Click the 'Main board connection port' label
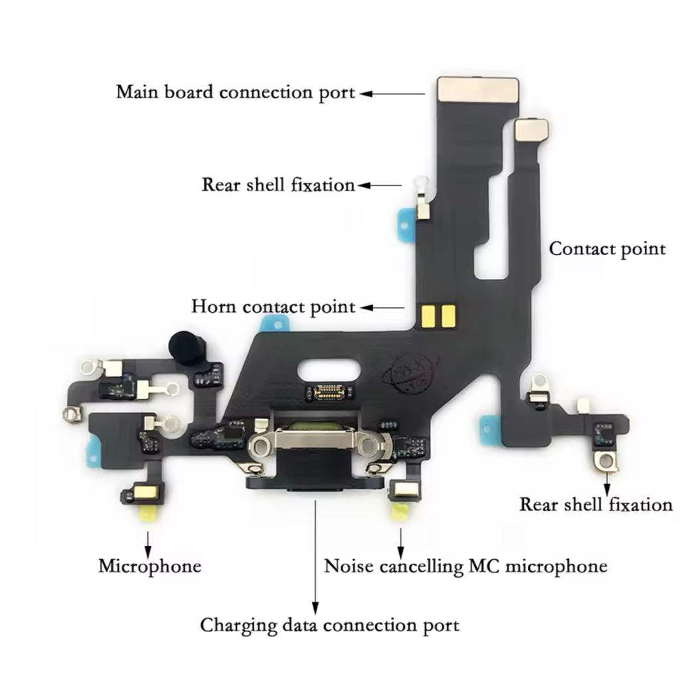point(236,92)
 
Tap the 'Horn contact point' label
point(274,307)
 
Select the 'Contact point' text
point(607,249)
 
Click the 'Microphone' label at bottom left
point(149,566)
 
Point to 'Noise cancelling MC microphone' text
point(465,566)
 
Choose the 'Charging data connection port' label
point(329,625)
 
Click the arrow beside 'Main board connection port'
point(392,94)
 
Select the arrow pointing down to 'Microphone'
point(148,541)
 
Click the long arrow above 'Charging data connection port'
point(315,558)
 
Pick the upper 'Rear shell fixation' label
point(278,185)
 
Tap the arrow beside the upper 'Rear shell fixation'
point(380,186)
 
